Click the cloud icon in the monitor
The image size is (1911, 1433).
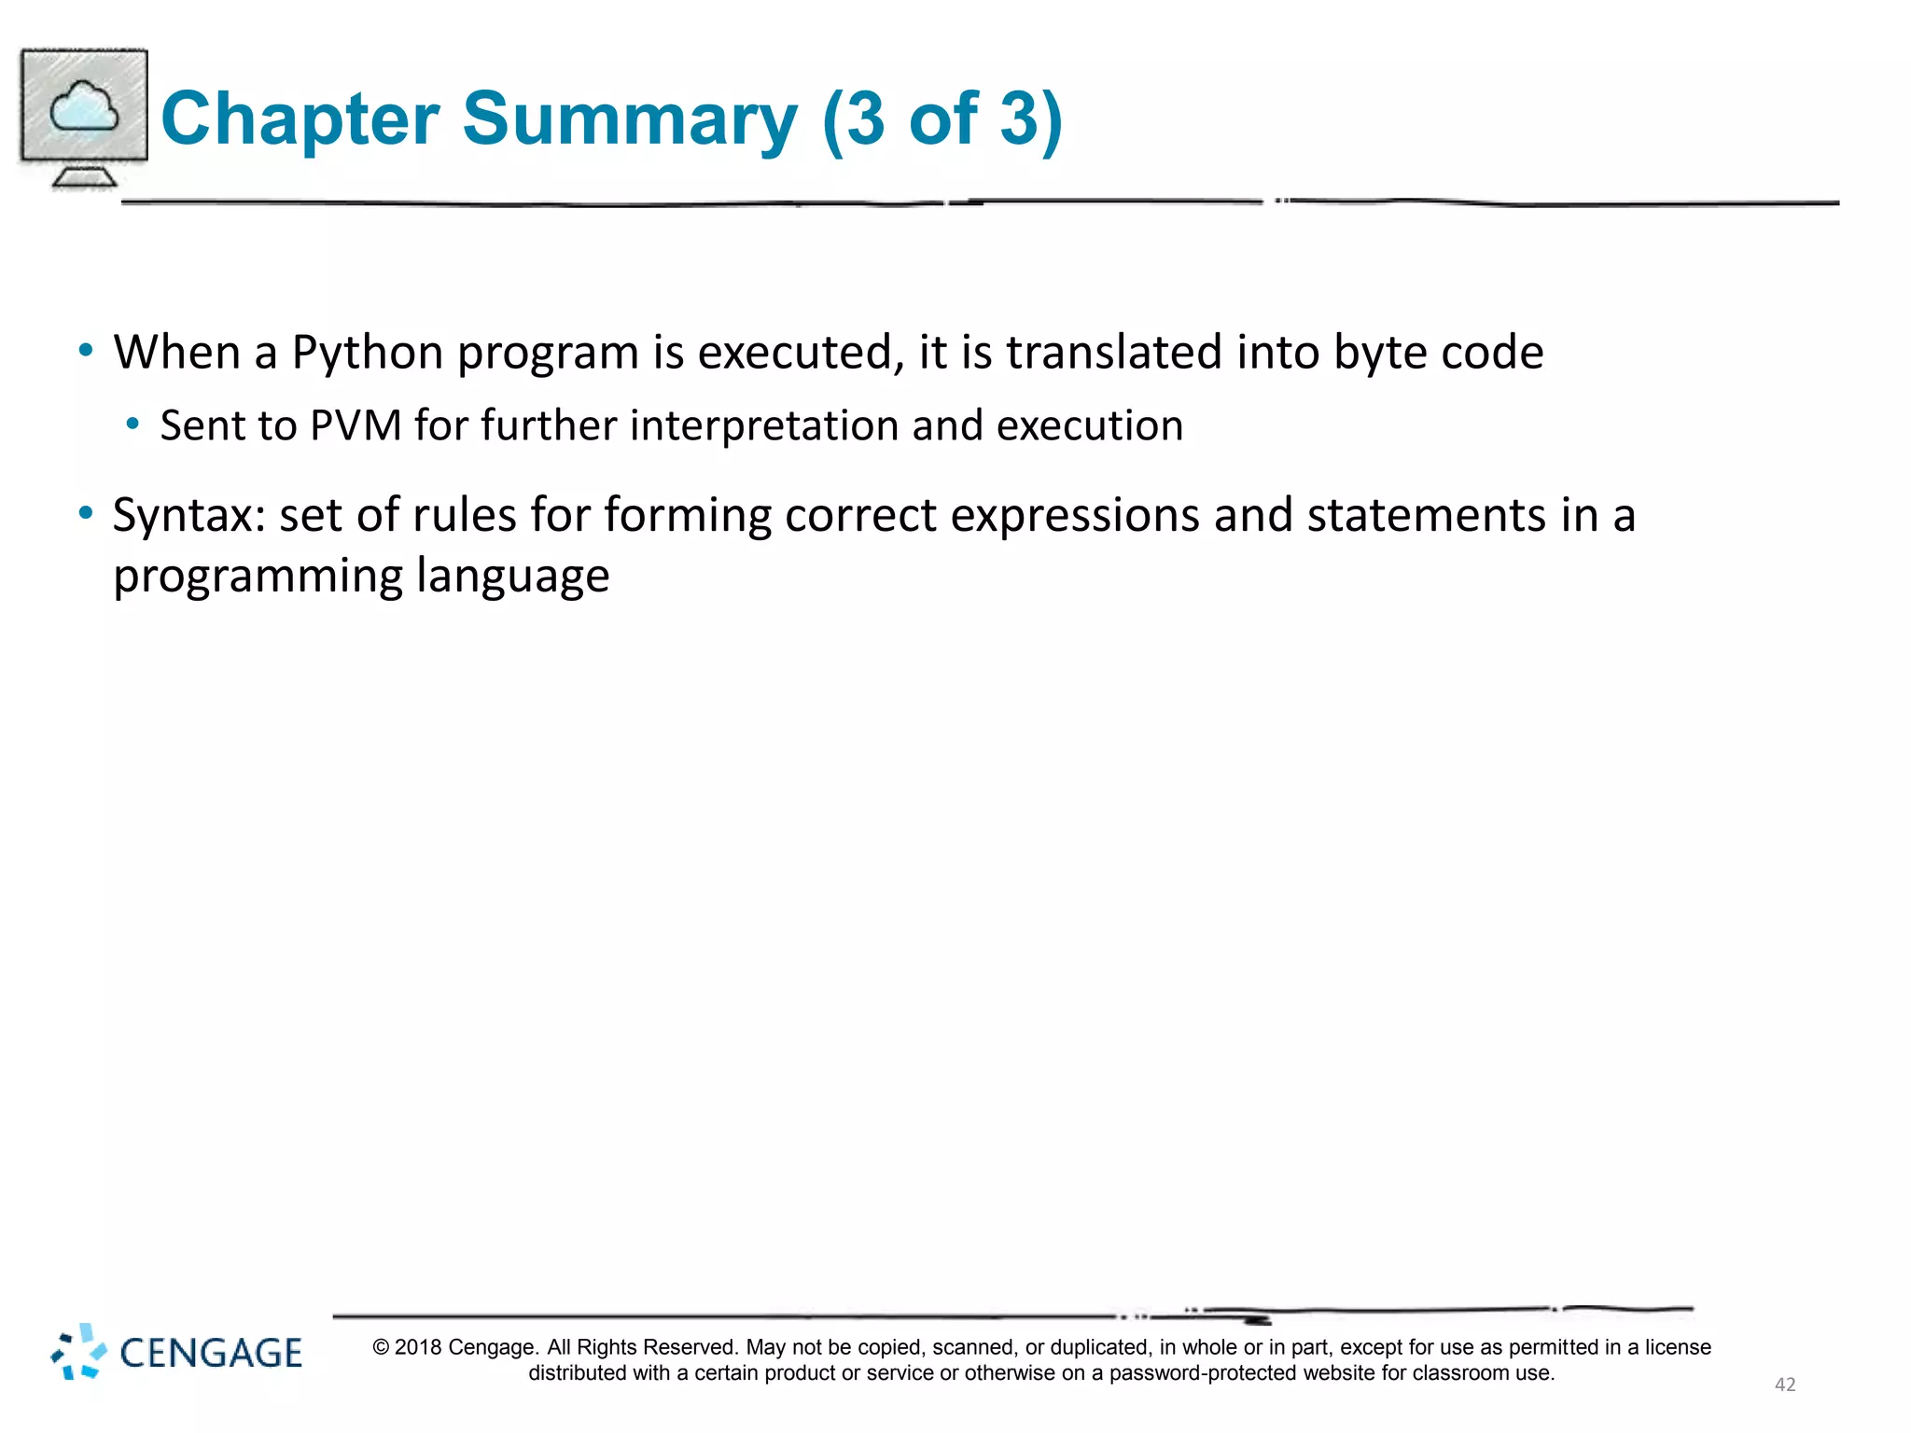pyautogui.click(x=84, y=106)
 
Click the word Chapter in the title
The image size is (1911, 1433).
pyautogui.click(x=300, y=119)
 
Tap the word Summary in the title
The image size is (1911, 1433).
pyautogui.click(x=630, y=119)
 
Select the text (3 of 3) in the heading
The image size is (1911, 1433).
pyautogui.click(x=942, y=119)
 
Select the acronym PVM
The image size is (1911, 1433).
pyautogui.click(x=356, y=425)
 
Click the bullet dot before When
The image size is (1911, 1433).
pyautogui.click(x=86, y=351)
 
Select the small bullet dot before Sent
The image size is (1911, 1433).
pyautogui.click(x=133, y=424)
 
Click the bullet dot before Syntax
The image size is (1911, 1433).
pyautogui.click(x=86, y=513)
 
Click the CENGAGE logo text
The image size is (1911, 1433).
pyautogui.click(x=211, y=1354)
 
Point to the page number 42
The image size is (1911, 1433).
pyautogui.click(x=1784, y=1384)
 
